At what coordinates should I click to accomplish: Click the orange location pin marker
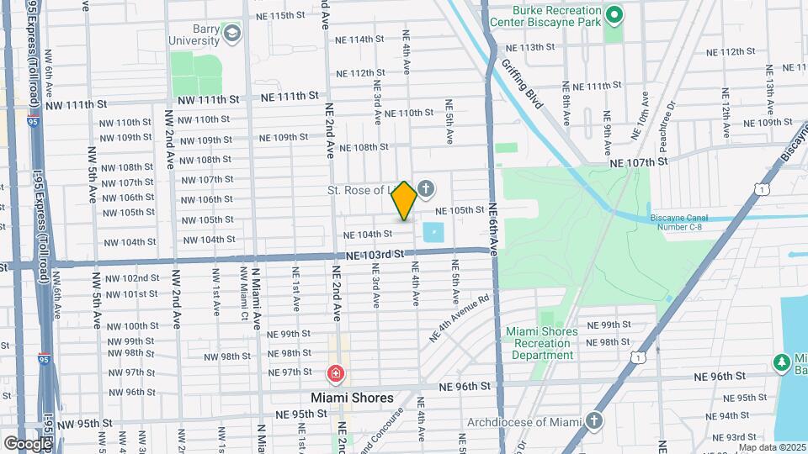click(405, 201)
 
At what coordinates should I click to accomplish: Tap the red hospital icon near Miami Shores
click(335, 372)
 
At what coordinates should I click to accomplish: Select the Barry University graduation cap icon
click(231, 33)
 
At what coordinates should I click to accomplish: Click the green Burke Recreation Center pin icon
click(614, 14)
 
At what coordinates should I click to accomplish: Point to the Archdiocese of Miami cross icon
click(594, 420)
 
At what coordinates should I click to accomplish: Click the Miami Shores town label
click(352, 398)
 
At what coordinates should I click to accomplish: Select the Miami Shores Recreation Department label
click(543, 343)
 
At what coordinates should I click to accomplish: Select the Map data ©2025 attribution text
click(771, 447)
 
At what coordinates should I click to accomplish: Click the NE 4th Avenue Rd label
click(460, 317)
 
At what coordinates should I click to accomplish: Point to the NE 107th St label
click(638, 161)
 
